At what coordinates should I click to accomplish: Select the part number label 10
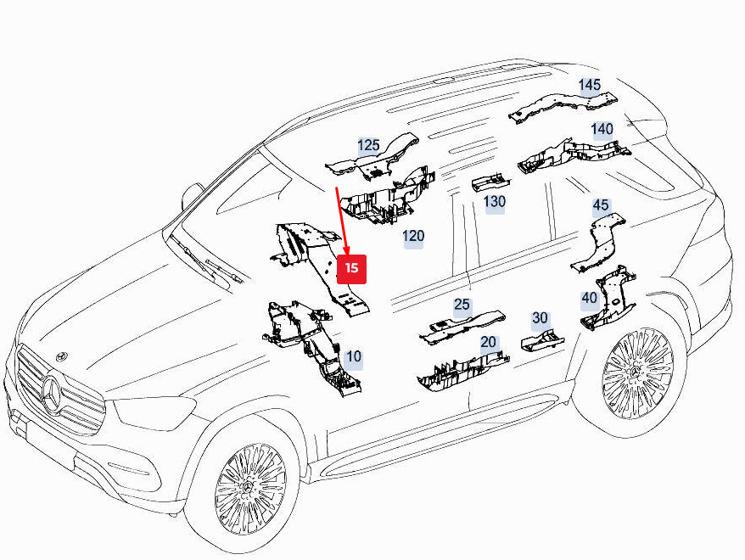point(353,358)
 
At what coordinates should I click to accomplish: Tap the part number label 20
point(488,343)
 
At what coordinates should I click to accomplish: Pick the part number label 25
point(462,305)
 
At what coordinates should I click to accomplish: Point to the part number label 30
point(540,318)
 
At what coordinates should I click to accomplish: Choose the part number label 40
point(589,298)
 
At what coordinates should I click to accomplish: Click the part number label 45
point(601,205)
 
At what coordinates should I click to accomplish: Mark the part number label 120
point(413,236)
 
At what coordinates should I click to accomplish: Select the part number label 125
point(368,146)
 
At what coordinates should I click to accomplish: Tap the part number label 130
point(494,202)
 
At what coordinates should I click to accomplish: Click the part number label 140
point(602,129)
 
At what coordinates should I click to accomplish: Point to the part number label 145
point(590,85)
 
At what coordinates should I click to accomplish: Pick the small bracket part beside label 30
point(541,339)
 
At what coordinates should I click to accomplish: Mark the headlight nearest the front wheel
point(153,413)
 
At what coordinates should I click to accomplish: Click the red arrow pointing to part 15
point(343,221)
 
